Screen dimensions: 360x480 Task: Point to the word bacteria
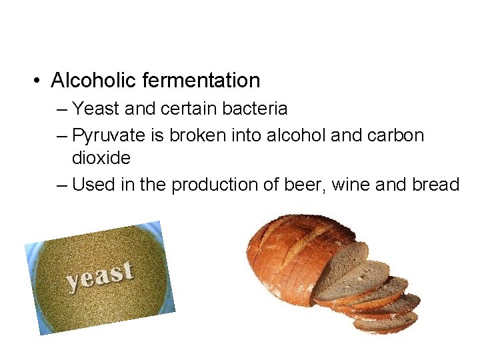pos(257,108)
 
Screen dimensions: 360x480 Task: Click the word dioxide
pos(101,158)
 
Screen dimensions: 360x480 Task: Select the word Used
pos(93,185)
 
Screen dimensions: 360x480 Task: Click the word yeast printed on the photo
pos(99,277)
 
